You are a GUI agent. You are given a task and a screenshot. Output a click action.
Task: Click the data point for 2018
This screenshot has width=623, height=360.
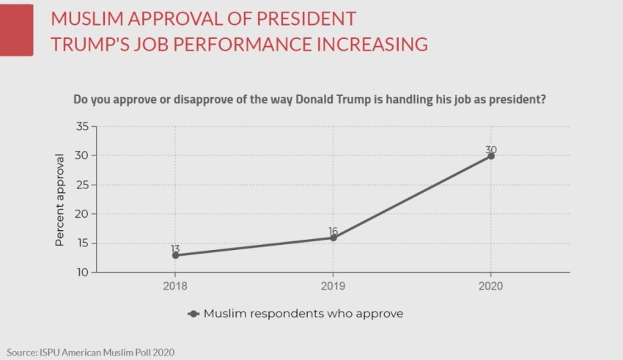tap(175, 255)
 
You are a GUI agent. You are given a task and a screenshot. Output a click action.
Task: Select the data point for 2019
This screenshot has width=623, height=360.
tap(333, 238)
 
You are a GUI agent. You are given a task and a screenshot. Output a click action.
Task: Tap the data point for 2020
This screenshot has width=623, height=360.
tap(491, 155)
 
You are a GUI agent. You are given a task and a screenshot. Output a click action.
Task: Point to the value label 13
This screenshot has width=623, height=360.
tap(175, 249)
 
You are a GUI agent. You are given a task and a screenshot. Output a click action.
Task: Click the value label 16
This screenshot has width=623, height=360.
tap(333, 230)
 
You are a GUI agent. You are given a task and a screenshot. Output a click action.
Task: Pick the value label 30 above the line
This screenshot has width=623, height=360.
tap(491, 150)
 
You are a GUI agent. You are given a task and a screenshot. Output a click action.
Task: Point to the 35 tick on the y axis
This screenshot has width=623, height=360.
tap(82, 127)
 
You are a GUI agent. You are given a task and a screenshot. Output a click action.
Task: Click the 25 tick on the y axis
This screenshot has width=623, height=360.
tap(82, 185)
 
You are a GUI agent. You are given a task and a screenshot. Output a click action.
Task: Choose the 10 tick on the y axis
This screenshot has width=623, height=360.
tap(82, 273)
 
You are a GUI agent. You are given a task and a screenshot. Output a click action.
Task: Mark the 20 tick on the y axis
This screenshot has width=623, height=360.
tap(82, 214)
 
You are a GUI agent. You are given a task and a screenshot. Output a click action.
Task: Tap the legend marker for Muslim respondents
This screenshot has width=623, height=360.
tap(194, 313)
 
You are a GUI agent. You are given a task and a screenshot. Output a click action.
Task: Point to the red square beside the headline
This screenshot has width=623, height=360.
tap(16, 29)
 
